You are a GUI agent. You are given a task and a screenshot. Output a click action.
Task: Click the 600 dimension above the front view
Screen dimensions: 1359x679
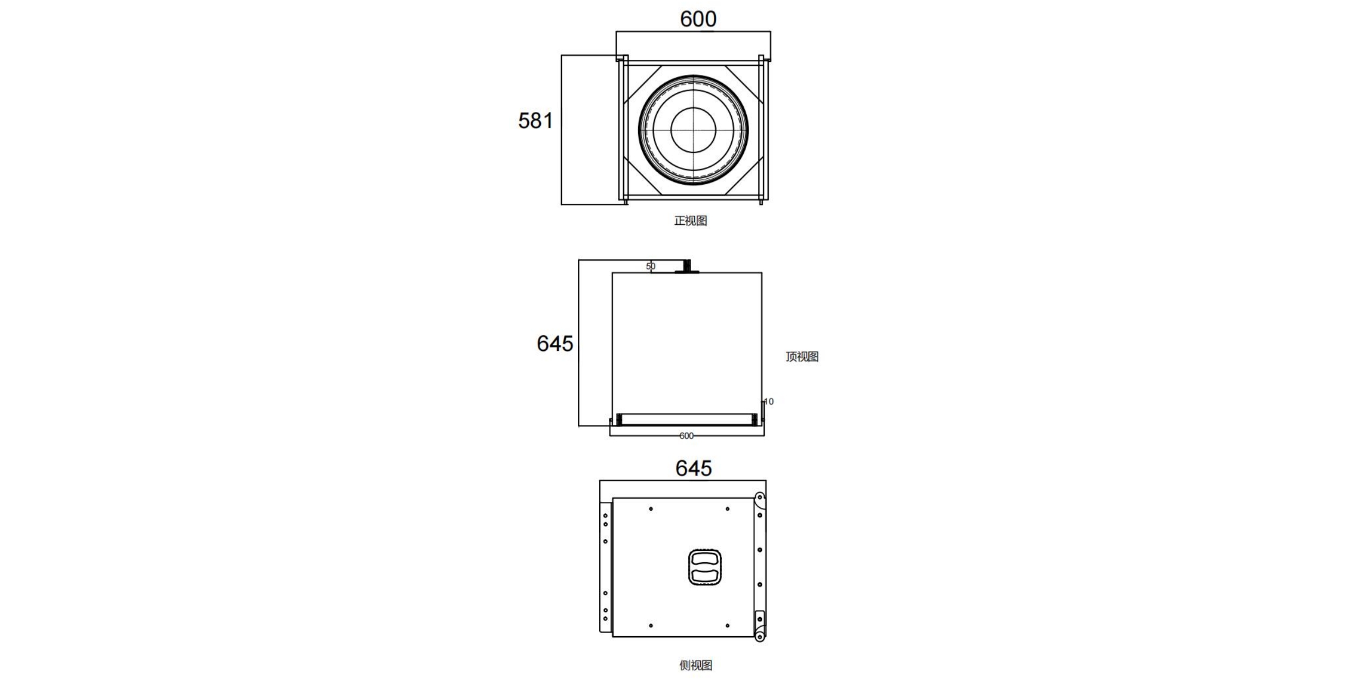(698, 19)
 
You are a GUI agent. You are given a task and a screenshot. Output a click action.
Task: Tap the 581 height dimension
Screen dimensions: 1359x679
(535, 121)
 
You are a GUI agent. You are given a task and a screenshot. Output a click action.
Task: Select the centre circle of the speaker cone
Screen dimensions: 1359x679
(693, 130)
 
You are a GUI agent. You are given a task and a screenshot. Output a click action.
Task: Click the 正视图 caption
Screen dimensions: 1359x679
(690, 221)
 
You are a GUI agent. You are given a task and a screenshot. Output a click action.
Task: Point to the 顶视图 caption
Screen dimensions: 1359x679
(802, 356)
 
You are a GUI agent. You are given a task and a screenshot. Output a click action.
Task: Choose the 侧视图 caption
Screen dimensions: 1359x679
(695, 665)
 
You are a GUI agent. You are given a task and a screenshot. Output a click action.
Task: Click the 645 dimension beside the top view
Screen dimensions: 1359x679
(554, 343)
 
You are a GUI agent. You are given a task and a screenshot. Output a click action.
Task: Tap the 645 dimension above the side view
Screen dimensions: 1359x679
(693, 468)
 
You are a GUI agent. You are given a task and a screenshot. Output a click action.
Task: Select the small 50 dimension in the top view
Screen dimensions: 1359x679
(651, 266)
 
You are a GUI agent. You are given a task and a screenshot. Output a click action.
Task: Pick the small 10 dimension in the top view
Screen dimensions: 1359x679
(768, 401)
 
